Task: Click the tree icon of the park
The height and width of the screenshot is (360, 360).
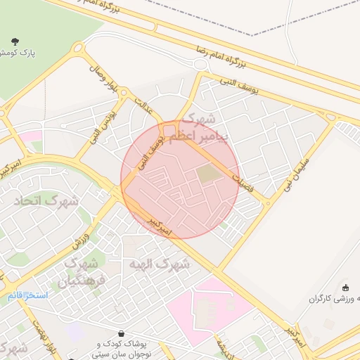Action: pyautogui.click(x=16, y=41)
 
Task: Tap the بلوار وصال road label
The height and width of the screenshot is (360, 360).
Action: pyautogui.click(x=103, y=77)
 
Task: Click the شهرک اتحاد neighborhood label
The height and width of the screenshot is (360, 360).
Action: pyautogui.click(x=46, y=200)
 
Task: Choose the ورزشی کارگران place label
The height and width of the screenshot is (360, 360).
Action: pyautogui.click(x=335, y=299)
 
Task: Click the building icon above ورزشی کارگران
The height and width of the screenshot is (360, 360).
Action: pyautogui.click(x=345, y=287)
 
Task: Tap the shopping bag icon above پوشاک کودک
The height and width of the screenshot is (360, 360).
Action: pyautogui.click(x=122, y=334)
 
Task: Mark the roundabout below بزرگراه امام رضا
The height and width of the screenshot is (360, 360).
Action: pyautogui.click(x=200, y=64)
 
